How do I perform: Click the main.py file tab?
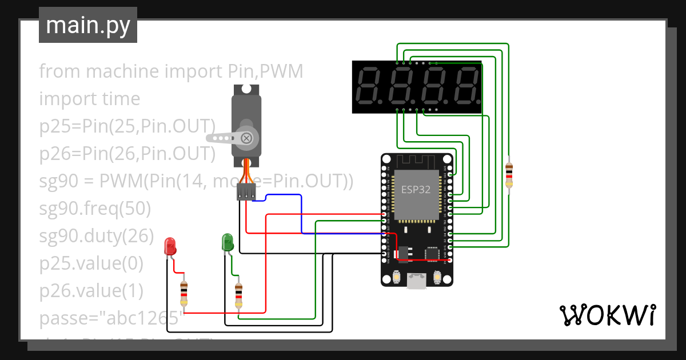pos(87,25)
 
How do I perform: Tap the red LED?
pos(170,246)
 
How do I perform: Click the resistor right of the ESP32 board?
pos(509,174)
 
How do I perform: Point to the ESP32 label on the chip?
pos(416,190)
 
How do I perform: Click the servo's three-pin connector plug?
pos(246,192)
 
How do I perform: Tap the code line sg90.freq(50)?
pos(95,209)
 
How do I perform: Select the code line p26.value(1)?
pos(91,291)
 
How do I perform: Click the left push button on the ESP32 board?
pos(396,278)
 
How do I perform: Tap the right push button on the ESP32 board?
pos(438,278)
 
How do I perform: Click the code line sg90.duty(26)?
pos(96,236)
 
